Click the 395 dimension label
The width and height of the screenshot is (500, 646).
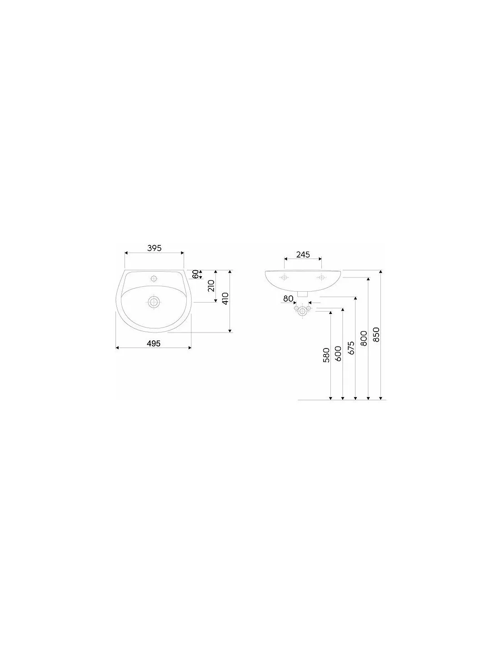pyautogui.click(x=154, y=248)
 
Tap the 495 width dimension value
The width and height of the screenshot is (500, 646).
pyautogui.click(x=154, y=343)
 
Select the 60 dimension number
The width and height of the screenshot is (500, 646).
pyautogui.click(x=195, y=274)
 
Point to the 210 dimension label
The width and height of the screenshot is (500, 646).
pyautogui.click(x=211, y=286)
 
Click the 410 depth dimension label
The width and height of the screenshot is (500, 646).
pyautogui.click(x=225, y=299)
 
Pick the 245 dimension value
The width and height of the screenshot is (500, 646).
pyautogui.click(x=303, y=254)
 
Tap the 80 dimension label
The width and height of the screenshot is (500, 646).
pyautogui.click(x=288, y=298)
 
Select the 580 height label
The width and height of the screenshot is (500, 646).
pyautogui.click(x=326, y=355)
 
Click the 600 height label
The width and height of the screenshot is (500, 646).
pyautogui.click(x=338, y=353)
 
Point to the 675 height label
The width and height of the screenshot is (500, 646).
pyautogui.click(x=351, y=348)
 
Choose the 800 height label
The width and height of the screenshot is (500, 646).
pyautogui.click(x=364, y=338)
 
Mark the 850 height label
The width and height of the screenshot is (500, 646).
pyautogui.click(x=376, y=334)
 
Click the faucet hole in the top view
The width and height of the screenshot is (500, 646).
pyautogui.click(x=154, y=278)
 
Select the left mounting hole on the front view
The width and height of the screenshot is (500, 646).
pyautogui.click(x=285, y=278)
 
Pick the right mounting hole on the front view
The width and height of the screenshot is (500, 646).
pyautogui.click(x=321, y=278)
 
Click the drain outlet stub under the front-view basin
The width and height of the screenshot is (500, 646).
pyautogui.click(x=302, y=294)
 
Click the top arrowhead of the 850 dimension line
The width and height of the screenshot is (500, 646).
pyautogui.click(x=380, y=272)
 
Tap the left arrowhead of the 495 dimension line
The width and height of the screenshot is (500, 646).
pyautogui.click(x=117, y=348)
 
